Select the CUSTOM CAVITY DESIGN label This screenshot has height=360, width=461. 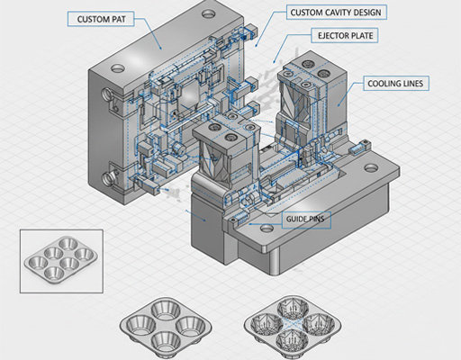pos(339,13)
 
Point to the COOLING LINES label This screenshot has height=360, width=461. pos(396,84)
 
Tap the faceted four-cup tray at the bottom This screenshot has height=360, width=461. pos(293,328)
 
